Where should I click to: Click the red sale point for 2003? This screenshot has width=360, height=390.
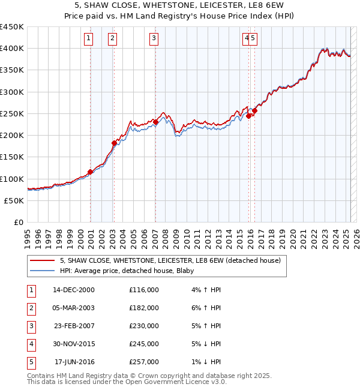point(114,143)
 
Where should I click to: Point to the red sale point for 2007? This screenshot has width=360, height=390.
point(155,122)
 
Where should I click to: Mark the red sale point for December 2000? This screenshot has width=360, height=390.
point(91,172)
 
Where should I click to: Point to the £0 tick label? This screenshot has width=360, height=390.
point(18,223)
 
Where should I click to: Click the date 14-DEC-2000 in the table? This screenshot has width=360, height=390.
point(74,290)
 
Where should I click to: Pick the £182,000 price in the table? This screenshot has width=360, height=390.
point(144,308)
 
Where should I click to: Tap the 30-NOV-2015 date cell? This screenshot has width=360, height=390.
point(74,344)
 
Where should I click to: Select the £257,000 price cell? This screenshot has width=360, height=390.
point(144,362)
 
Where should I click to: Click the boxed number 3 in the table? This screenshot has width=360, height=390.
point(31,326)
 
